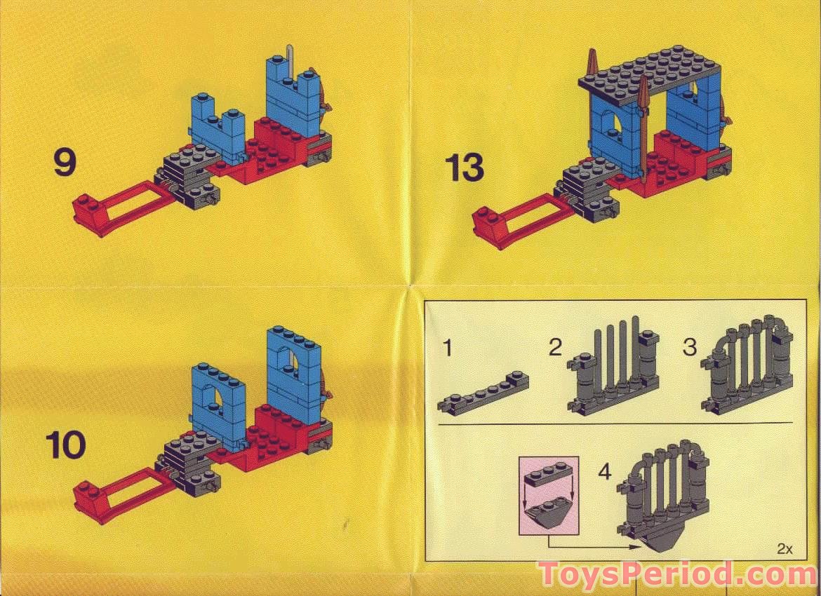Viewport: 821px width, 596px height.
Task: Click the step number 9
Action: point(64,163)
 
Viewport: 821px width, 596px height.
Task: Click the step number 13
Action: point(465,168)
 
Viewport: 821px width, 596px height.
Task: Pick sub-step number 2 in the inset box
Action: point(556,347)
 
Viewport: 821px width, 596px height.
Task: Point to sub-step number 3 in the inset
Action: point(690,346)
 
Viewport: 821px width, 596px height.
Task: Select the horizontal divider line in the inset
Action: point(614,424)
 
